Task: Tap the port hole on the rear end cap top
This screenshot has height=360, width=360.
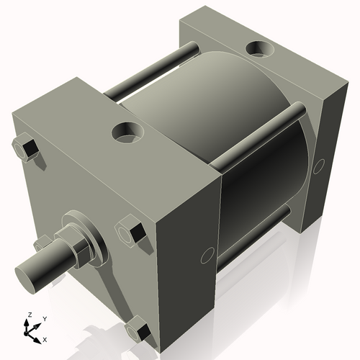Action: point(260,50)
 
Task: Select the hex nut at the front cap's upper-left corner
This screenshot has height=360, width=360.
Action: point(26,148)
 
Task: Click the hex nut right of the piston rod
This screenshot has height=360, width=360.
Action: point(130,231)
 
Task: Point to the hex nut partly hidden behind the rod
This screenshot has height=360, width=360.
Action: point(45,243)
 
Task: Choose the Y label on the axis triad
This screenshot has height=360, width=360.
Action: point(44,318)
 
